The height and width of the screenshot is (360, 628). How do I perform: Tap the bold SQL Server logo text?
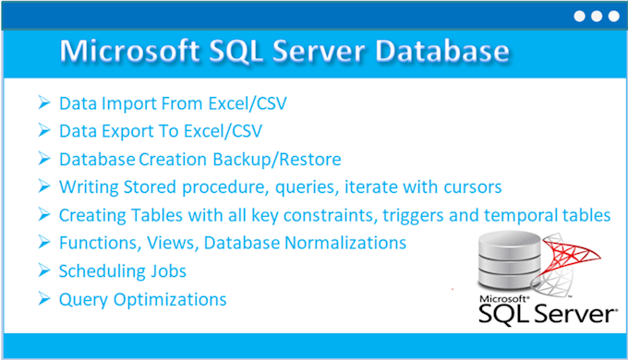545,317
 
